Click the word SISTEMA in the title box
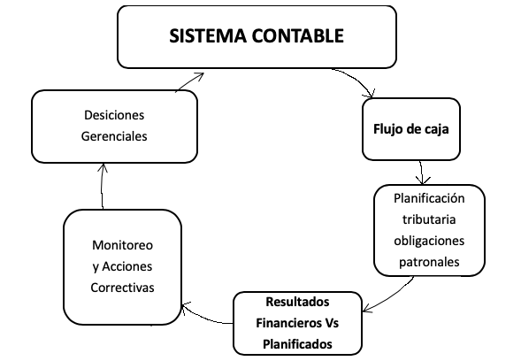[x=208, y=36]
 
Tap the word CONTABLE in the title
[x=297, y=36]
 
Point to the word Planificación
[x=429, y=198]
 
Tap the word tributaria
[x=429, y=219]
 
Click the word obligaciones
[x=429, y=241]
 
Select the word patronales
[x=429, y=262]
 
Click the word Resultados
[x=297, y=302]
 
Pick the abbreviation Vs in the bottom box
[x=331, y=323]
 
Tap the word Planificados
[x=297, y=344]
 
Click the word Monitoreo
[x=122, y=245]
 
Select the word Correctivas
[x=122, y=288]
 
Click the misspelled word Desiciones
[x=114, y=115]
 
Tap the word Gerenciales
[x=114, y=136]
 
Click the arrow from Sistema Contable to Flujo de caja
[x=358, y=79]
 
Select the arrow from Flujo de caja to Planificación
[x=422, y=173]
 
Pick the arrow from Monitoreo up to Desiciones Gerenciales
[x=102, y=186]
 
